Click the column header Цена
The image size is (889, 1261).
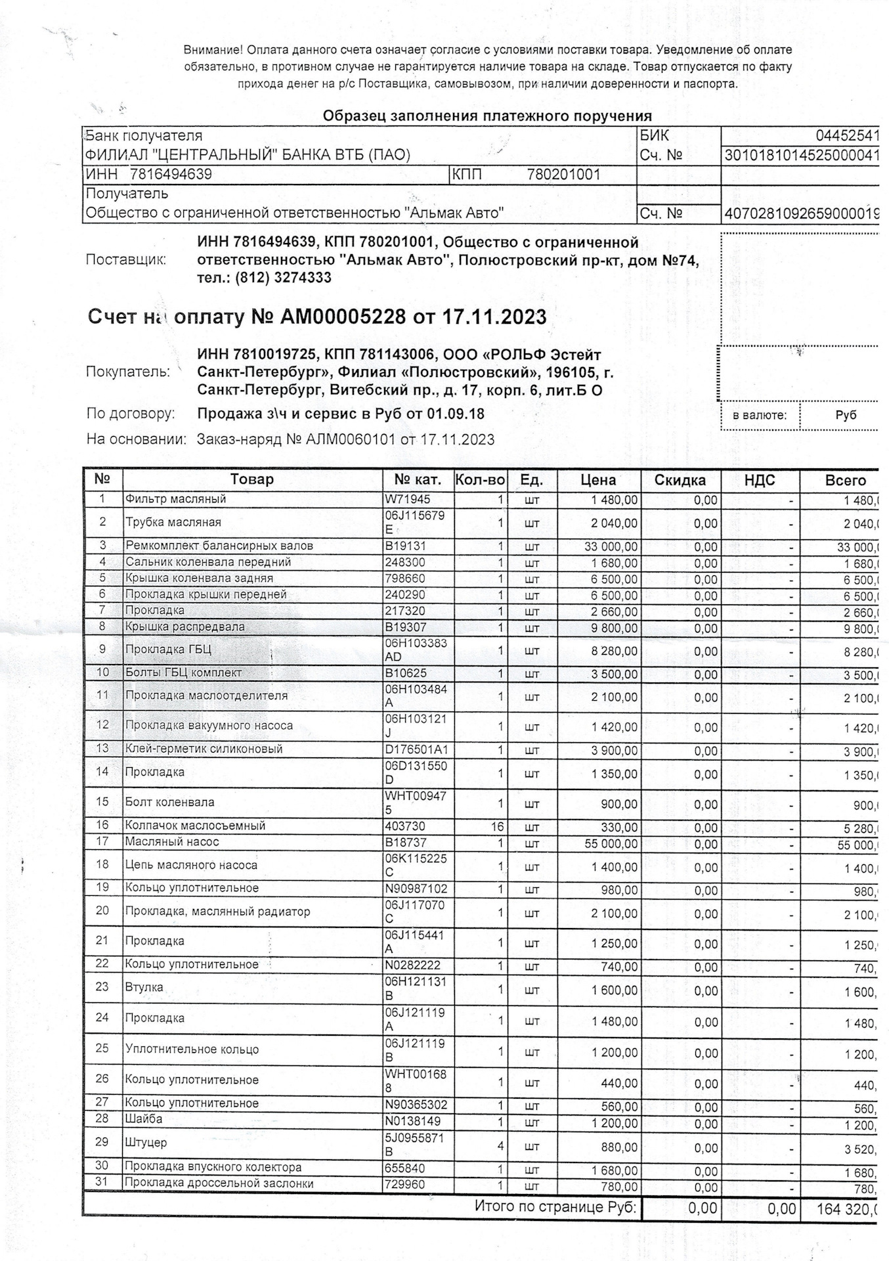pyautogui.click(x=598, y=480)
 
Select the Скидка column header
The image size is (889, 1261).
pyautogui.click(x=680, y=480)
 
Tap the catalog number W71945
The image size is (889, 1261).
pyautogui.click(x=407, y=499)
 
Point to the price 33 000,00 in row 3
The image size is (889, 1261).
pyautogui.click(x=611, y=546)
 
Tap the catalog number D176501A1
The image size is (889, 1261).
pyautogui.click(x=416, y=749)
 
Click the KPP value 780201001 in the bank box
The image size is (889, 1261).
pyautogui.click(x=563, y=175)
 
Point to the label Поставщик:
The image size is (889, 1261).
pyautogui.click(x=126, y=259)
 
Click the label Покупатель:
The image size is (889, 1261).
pyautogui.click(x=128, y=372)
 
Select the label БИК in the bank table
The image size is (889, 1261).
pyautogui.click(x=654, y=136)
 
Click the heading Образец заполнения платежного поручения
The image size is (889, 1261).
pyautogui.click(x=487, y=116)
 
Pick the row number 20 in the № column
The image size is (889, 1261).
pyautogui.click(x=102, y=911)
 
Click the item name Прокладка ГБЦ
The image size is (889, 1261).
pyautogui.click(x=167, y=650)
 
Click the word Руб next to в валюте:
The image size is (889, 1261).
pyautogui.click(x=846, y=415)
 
